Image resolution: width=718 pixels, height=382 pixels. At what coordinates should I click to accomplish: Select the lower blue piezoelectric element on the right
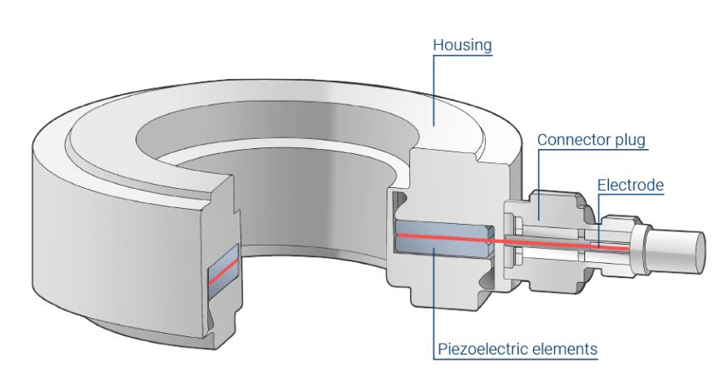(441, 253)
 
